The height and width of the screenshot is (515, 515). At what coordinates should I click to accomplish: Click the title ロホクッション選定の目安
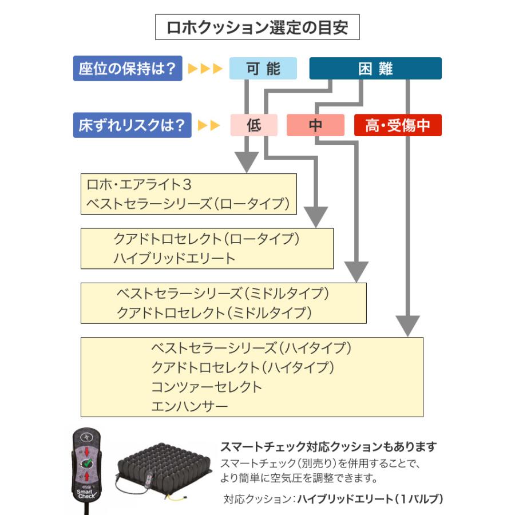pos(257,27)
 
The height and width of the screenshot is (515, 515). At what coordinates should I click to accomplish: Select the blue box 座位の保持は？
pos(128,69)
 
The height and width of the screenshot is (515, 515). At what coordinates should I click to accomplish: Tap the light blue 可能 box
pos(263,69)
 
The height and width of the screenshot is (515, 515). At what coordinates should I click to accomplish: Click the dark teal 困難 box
pos(375,69)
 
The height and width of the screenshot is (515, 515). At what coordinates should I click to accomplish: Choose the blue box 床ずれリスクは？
pos(132,125)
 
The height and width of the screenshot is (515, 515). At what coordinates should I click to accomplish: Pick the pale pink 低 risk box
pos(253,125)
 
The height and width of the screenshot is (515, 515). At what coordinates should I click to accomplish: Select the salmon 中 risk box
pos(315,125)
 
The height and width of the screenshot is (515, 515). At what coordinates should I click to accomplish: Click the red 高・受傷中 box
pos(398,125)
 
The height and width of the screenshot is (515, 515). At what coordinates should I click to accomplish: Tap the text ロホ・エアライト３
pos(138,185)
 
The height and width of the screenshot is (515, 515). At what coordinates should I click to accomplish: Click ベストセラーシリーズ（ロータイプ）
pos(188,204)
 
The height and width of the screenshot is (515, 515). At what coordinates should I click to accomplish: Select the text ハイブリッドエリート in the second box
pos(174,258)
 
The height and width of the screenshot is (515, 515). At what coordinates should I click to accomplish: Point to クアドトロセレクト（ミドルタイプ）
pos(214,312)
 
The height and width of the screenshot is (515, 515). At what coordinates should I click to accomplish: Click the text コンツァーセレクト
pos(206,387)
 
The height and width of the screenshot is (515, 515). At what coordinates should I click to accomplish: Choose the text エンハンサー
pos(189,406)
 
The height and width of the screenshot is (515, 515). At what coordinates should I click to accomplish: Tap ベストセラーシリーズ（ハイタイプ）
pos(251,347)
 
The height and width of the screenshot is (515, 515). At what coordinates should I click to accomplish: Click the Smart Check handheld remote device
pos(88,464)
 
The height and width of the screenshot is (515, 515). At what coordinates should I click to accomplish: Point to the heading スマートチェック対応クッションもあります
pos(328,446)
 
